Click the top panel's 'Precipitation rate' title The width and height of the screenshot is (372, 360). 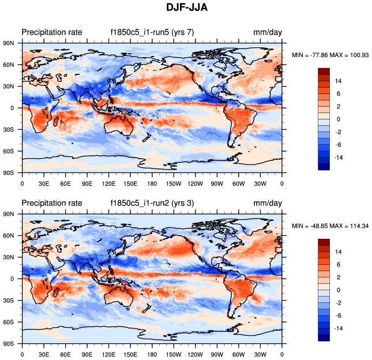[x=52, y=32]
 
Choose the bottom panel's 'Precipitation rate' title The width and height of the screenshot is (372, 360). [x=52, y=203]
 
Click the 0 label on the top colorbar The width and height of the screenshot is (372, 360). [x=339, y=118]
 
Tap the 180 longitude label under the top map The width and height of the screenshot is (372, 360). [x=152, y=183]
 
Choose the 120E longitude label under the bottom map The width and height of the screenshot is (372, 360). [x=108, y=354]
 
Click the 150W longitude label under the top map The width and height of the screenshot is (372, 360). [x=174, y=183]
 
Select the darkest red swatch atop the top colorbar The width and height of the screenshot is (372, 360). [x=324, y=70]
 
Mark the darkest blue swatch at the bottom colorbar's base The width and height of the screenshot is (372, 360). [x=324, y=337]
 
